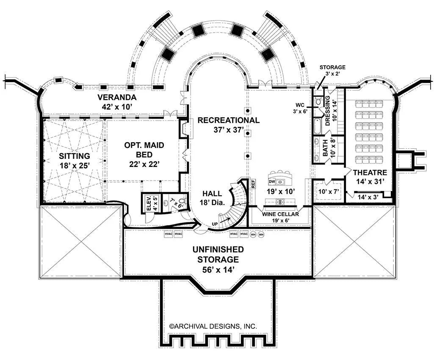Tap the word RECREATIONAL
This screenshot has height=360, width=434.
(x=228, y=120)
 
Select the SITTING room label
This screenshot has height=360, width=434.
(x=74, y=156)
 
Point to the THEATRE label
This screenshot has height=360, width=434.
(x=370, y=172)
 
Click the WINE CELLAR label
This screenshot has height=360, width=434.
(x=280, y=214)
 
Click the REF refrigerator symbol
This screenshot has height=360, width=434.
(x=253, y=184)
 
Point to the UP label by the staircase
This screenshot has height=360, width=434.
(x=215, y=223)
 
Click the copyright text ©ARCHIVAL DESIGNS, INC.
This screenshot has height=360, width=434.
(x=213, y=326)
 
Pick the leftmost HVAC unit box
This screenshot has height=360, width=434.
(x=169, y=234)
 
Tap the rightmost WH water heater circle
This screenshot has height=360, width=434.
(x=261, y=234)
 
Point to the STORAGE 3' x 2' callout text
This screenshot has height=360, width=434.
(x=332, y=70)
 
